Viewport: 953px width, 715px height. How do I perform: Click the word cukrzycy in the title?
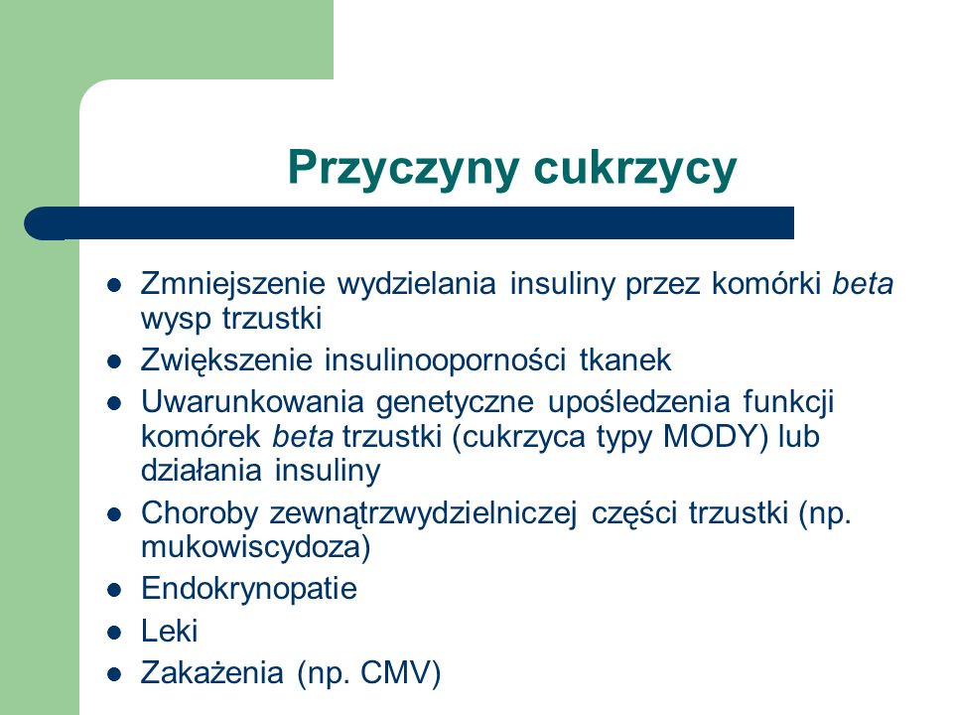[634, 169]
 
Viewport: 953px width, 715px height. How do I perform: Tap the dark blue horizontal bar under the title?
[409, 223]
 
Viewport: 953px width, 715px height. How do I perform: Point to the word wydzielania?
[416, 284]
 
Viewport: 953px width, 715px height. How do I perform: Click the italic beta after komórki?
[863, 284]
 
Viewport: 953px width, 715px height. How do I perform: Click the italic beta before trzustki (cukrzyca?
[303, 437]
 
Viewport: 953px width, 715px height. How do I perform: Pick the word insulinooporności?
[445, 359]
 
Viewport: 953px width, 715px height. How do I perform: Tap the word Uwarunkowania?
[252, 402]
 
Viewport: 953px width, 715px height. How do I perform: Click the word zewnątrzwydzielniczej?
[423, 514]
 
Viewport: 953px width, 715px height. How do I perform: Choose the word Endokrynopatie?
[249, 589]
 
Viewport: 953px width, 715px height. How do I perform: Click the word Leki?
[170, 631]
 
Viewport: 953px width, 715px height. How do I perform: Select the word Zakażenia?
[212, 672]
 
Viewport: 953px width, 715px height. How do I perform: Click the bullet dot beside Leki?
[114, 633]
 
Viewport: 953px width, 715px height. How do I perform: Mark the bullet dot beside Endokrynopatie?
[114, 590]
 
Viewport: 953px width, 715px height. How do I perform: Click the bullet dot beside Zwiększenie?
[114, 362]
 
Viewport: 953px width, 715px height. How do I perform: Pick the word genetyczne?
[455, 403]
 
